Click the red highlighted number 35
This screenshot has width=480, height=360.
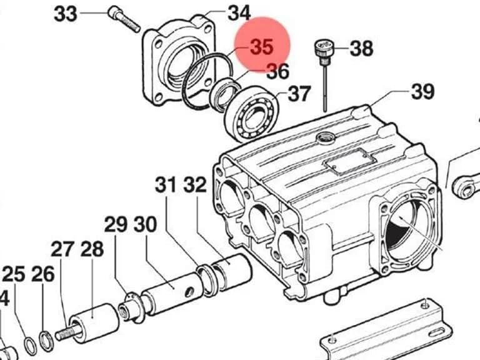(262, 47)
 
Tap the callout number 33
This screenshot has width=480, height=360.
(65, 14)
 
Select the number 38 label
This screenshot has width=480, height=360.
(361, 48)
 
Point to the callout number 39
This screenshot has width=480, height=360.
(422, 91)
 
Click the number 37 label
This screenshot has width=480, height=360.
(299, 94)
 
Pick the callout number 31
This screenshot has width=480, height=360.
(166, 185)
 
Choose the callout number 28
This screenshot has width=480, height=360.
(92, 249)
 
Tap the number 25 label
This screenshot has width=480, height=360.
(14, 274)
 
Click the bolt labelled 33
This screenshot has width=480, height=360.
(124, 20)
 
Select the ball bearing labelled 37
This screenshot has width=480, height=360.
(252, 114)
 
